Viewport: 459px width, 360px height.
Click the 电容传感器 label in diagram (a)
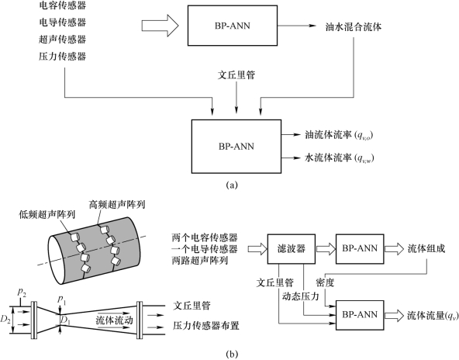click(x=62, y=5)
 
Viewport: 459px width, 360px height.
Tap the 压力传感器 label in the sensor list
click(x=62, y=56)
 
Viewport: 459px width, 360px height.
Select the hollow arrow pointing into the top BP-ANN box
click(x=160, y=26)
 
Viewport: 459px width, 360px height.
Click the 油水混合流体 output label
click(x=354, y=27)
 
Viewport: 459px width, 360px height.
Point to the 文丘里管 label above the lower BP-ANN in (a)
click(x=236, y=75)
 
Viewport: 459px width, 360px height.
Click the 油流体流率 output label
click(x=339, y=135)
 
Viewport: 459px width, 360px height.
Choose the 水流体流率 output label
click(x=340, y=157)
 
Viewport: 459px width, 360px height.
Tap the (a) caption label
click(x=232, y=185)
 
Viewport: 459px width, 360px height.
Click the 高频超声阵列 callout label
click(x=117, y=205)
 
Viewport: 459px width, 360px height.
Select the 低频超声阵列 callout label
click(x=47, y=214)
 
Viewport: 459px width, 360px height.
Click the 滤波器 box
click(x=292, y=249)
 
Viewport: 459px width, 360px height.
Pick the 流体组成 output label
click(x=426, y=249)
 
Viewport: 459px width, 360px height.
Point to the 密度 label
click(x=325, y=282)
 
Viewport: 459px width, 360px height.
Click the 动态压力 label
click(x=300, y=296)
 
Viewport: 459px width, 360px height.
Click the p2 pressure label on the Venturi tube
click(x=22, y=292)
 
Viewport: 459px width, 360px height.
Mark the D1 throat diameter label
click(x=65, y=321)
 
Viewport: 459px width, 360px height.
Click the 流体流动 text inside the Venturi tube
click(x=114, y=320)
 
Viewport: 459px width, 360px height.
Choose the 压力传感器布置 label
click(x=205, y=325)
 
